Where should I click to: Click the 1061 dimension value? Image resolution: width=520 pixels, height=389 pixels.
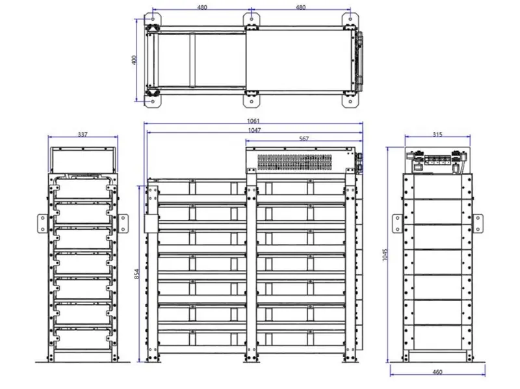tap(253, 121)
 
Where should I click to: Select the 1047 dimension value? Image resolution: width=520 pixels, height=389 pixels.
tap(254, 130)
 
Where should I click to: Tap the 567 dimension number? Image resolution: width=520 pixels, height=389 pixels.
tap(304, 139)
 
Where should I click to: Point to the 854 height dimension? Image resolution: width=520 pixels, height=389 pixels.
tap(137, 274)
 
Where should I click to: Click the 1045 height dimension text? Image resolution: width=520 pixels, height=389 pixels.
tap(385, 254)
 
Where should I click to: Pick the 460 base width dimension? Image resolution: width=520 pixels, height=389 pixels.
tap(437, 372)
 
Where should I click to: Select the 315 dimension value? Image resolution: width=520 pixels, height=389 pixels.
tap(437, 135)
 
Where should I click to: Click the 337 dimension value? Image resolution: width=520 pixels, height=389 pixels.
tap(83, 135)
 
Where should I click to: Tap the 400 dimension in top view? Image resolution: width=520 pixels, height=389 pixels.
tap(135, 60)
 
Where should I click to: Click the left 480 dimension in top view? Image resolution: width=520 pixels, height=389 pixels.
tap(202, 7)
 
